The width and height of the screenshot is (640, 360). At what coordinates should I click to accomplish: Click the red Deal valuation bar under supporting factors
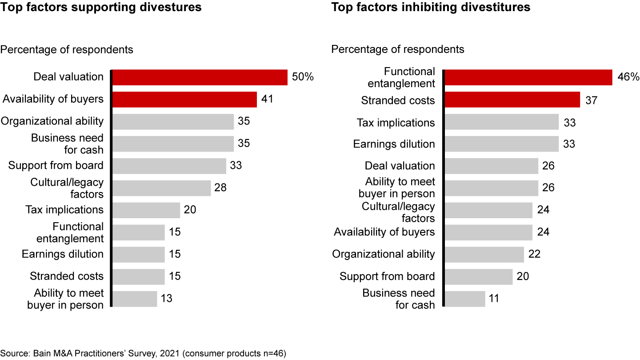pyautogui.click(x=200, y=77)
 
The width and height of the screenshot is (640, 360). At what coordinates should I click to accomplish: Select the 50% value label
pyautogui.click(x=303, y=77)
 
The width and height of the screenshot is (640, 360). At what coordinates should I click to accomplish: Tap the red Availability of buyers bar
pyautogui.click(x=184, y=100)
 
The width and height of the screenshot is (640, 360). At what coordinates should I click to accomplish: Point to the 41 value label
pyautogui.click(x=267, y=99)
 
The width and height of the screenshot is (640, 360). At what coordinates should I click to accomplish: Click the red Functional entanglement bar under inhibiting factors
pyautogui.click(x=528, y=77)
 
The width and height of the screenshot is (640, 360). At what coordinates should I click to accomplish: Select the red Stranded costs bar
pyautogui.click(x=512, y=100)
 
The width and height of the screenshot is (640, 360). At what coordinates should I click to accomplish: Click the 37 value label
pyautogui.click(x=591, y=100)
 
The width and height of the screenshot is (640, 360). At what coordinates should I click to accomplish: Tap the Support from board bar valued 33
pyautogui.click(x=169, y=166)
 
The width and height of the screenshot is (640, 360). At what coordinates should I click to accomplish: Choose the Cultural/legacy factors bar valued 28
pyautogui.click(x=162, y=188)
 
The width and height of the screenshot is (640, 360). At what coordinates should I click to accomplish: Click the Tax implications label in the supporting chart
pyautogui.click(x=64, y=209)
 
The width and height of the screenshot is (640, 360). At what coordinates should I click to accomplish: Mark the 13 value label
pyautogui.click(x=167, y=299)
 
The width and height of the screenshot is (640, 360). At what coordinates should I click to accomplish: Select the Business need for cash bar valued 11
pyautogui.click(x=465, y=299)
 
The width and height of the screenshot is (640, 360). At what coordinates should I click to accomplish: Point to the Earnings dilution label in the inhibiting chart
pyautogui.click(x=394, y=144)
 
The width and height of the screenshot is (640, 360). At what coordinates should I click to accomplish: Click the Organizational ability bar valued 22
pyautogui.click(x=484, y=255)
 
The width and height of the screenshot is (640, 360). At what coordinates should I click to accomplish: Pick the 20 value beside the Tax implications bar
pyautogui.click(x=190, y=210)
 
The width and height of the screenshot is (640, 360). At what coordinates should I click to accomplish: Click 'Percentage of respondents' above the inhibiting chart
pyautogui.click(x=398, y=49)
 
